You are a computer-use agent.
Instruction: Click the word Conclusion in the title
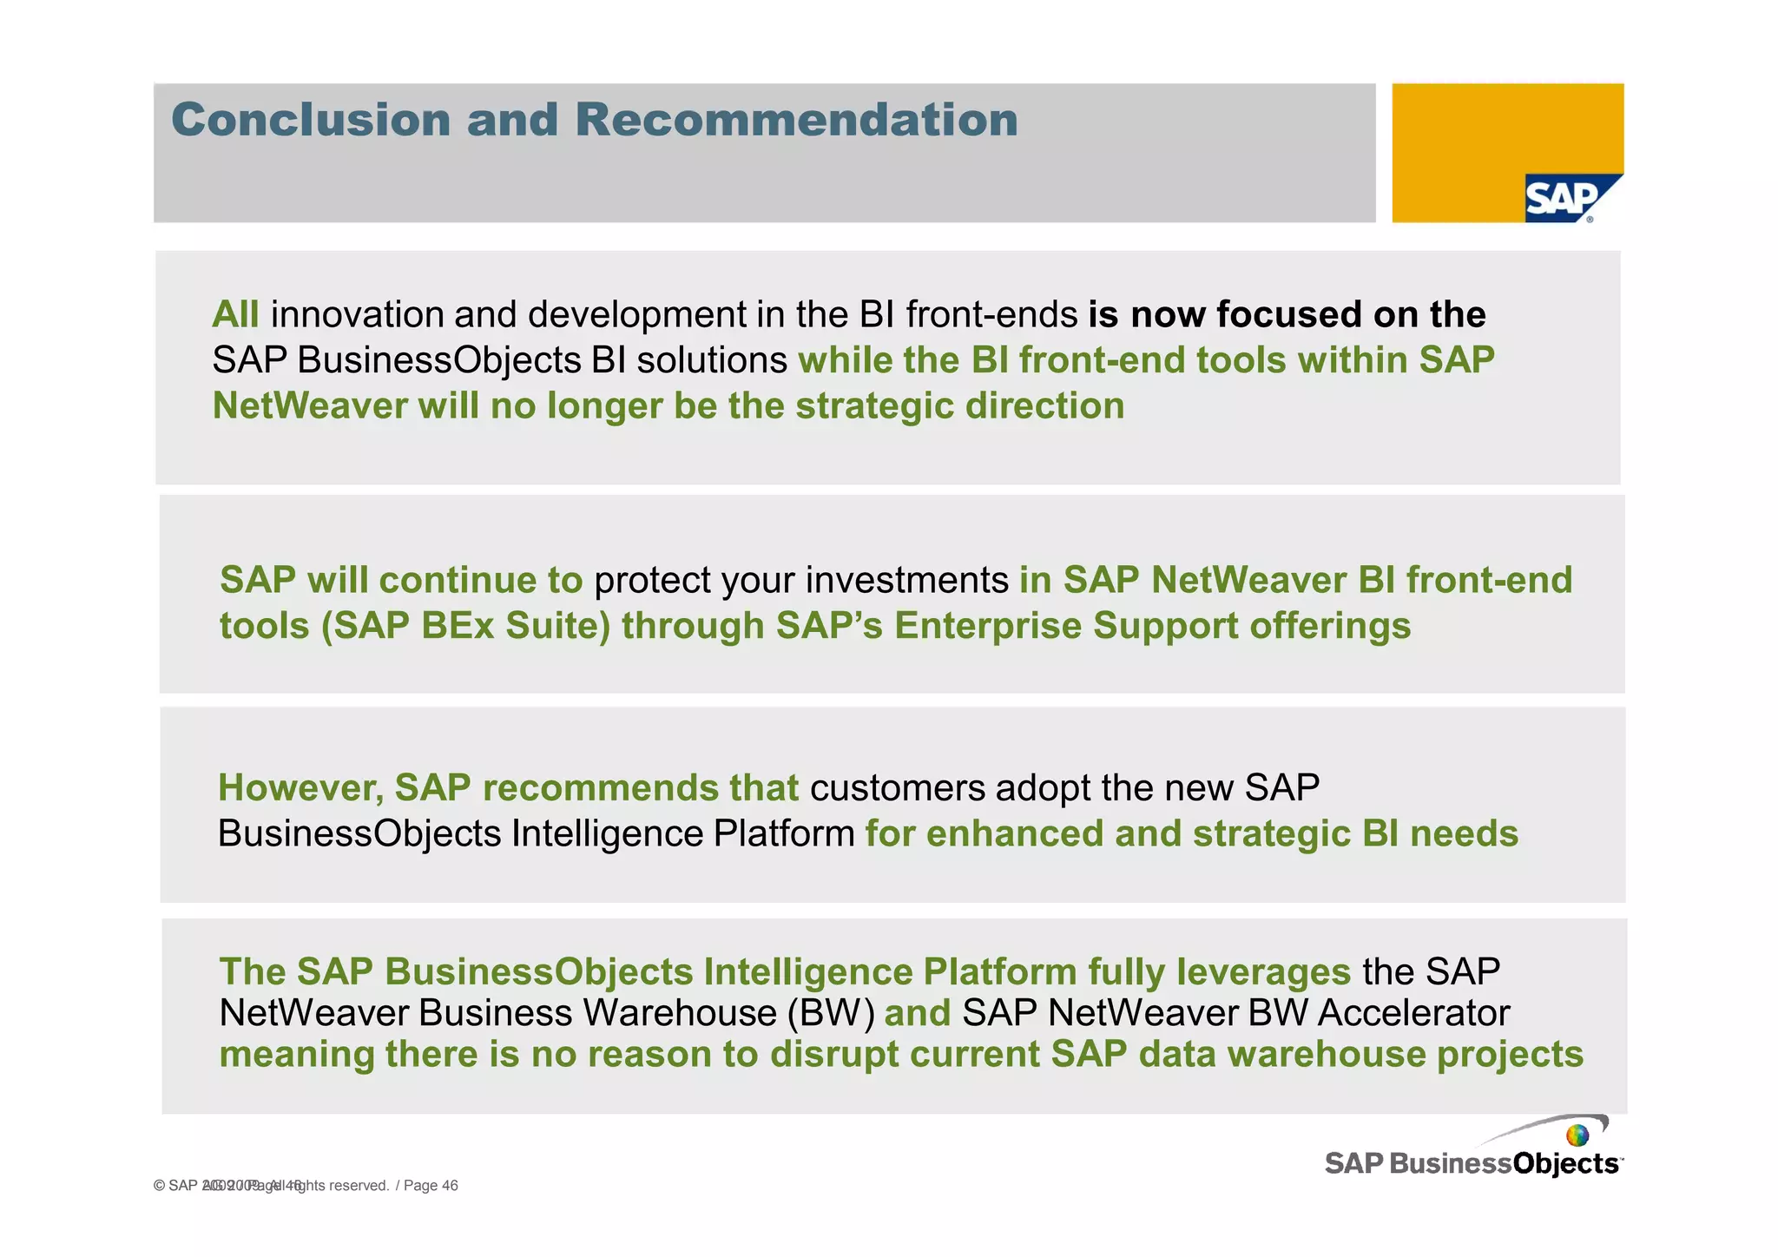[x=310, y=120]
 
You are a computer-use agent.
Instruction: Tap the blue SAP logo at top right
[x=1563, y=199]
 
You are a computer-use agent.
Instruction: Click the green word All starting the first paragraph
[x=235, y=315]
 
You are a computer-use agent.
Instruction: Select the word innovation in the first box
[x=356, y=315]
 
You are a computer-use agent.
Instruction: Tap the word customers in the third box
[x=897, y=788]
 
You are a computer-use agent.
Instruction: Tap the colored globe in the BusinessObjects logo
[x=1577, y=1135]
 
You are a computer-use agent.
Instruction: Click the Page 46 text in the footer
[x=431, y=1186]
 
